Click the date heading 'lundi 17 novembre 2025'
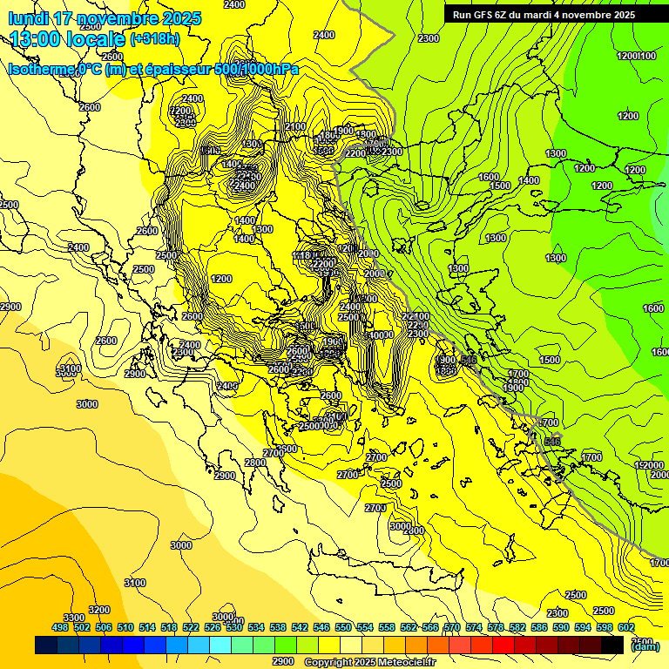tap(105, 18)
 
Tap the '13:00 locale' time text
tap(68, 39)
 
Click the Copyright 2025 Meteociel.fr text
tap(369, 662)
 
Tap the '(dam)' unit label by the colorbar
tap(645, 646)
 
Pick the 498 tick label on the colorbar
tap(60, 627)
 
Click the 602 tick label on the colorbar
tap(626, 627)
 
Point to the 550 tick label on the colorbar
tap(343, 627)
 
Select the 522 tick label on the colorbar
tap(191, 627)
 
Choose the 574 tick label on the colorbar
tap(474, 627)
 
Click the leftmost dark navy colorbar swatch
tap(46, 645)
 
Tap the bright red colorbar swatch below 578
tap(503, 645)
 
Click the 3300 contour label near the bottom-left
tap(74, 618)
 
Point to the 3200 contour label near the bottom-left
tap(99, 610)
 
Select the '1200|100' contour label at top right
tap(636, 56)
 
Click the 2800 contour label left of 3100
tap(105, 341)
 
